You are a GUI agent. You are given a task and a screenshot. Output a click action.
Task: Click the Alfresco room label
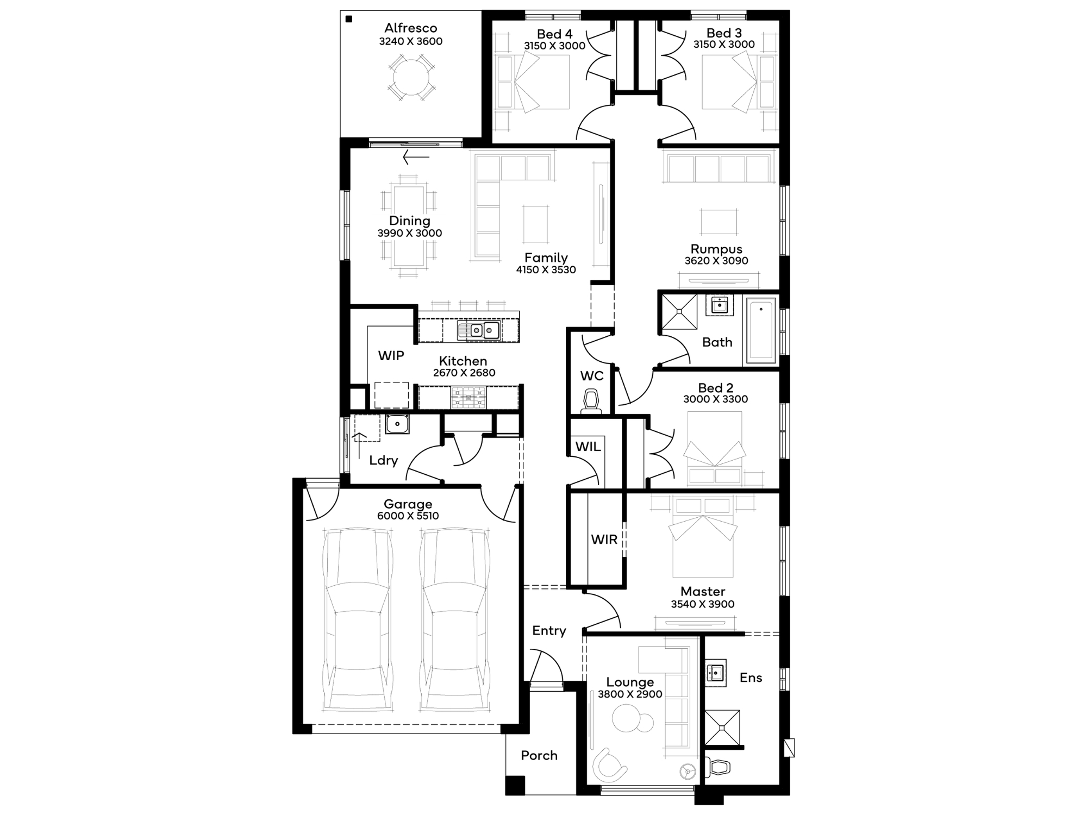tap(410, 28)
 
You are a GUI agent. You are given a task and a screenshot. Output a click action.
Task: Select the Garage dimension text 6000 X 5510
tap(408, 516)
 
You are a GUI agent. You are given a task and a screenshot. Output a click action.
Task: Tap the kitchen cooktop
tap(468, 397)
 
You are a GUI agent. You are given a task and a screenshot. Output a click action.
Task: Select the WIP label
tap(391, 356)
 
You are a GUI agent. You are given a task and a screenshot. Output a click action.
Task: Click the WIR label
tap(604, 540)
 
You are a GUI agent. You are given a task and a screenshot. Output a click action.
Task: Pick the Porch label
tap(539, 755)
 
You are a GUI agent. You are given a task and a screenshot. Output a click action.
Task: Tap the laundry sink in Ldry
tap(397, 424)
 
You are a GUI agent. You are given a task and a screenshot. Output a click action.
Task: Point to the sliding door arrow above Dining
tap(416, 158)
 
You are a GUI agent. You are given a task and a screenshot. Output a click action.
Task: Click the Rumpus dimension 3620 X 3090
tap(716, 261)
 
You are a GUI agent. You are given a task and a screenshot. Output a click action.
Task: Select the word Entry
tap(549, 631)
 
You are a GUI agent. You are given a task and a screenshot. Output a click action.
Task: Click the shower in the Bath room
tap(679, 312)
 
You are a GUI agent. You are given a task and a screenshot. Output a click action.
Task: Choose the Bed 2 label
tap(715, 388)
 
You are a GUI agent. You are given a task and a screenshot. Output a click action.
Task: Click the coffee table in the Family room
tap(535, 224)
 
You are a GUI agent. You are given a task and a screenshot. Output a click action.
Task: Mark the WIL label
tap(588, 447)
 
